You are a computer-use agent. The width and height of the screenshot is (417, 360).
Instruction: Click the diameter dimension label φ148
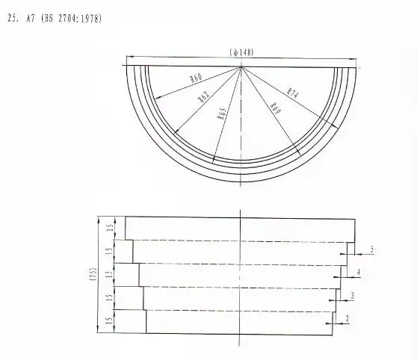241,52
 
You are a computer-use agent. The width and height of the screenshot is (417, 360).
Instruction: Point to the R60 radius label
197,78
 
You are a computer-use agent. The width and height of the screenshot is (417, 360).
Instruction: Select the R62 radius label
204,96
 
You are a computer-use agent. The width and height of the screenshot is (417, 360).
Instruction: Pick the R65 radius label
222,114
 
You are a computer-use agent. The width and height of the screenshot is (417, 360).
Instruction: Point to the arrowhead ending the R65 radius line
214,161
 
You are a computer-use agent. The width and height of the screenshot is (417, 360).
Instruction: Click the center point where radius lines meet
241,66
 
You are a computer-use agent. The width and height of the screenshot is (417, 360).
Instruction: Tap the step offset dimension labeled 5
371,249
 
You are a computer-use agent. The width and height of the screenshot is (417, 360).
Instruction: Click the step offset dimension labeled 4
359,273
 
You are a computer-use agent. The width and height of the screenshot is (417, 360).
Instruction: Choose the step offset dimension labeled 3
352,297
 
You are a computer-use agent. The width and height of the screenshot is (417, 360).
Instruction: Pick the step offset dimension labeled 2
347,320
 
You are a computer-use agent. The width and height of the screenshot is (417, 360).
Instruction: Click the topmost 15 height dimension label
110,228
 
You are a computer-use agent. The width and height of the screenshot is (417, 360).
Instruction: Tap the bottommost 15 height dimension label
110,321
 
